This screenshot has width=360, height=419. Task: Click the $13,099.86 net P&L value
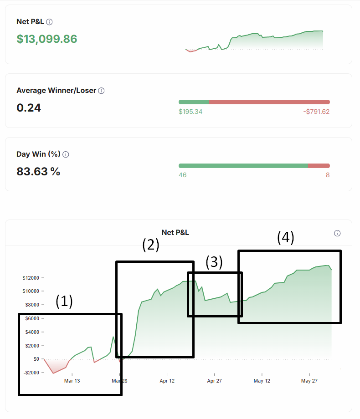(47, 39)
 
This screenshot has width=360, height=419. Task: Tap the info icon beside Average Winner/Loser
(101, 91)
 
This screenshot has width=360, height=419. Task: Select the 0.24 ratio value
(29, 108)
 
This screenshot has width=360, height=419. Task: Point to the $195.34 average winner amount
(190, 112)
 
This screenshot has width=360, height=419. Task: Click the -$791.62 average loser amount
(316, 112)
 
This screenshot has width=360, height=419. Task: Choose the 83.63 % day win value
(38, 172)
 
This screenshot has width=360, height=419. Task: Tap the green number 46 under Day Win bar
(182, 175)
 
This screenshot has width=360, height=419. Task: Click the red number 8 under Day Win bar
(328, 175)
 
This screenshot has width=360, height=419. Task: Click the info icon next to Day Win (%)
(66, 154)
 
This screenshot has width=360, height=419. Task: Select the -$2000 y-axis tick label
(30, 373)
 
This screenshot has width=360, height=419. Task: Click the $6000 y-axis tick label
(31, 318)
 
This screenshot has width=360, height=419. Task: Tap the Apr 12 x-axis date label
(167, 381)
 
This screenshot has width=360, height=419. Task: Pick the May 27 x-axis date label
(309, 381)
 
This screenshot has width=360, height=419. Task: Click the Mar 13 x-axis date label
(72, 381)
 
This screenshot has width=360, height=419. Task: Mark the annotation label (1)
(64, 301)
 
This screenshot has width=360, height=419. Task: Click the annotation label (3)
(214, 262)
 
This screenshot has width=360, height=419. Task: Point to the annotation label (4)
(286, 237)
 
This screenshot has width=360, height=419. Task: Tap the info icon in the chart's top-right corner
(337, 233)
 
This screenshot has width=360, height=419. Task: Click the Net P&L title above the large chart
(175, 233)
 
